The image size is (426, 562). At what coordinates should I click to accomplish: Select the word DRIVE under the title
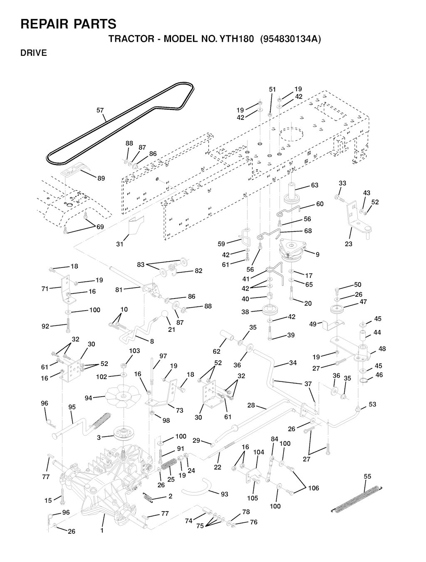34,53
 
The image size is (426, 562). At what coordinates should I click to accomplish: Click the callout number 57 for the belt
100,110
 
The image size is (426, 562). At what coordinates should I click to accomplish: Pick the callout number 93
224,494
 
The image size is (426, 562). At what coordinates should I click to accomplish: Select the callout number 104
259,452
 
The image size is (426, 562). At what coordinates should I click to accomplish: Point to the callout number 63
315,185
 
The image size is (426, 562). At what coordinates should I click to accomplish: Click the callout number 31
120,244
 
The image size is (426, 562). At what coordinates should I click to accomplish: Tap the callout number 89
101,178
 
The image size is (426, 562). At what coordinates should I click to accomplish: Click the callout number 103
134,351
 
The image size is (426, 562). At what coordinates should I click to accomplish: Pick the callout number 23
349,244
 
